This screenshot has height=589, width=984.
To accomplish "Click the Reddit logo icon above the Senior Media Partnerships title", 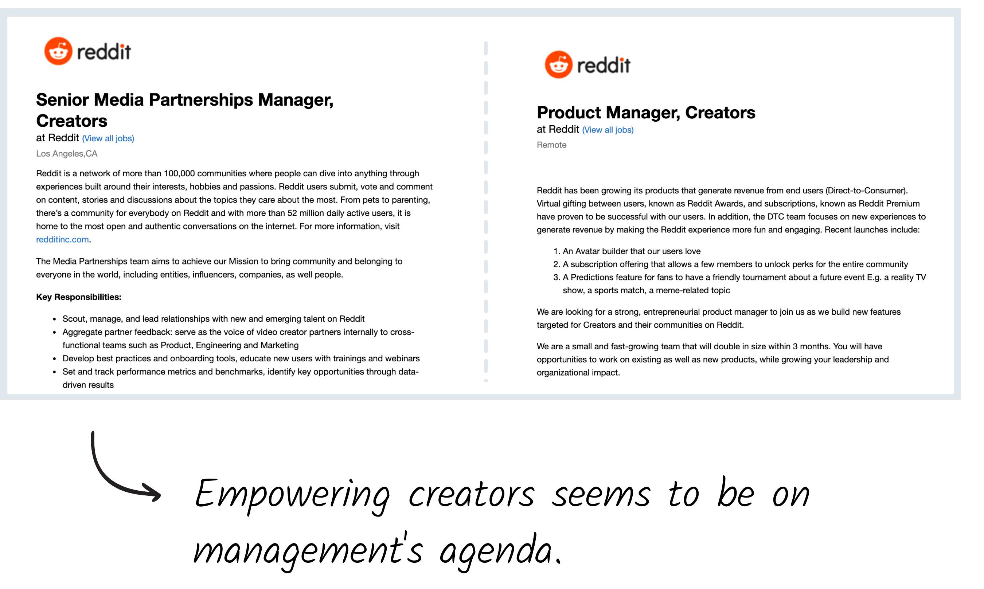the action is click(58, 51).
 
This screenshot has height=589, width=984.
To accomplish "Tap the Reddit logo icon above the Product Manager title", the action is click(559, 65).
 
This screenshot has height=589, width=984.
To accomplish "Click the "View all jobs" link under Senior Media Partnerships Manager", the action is click(108, 138).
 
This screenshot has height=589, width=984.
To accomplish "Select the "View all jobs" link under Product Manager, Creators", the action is click(608, 130).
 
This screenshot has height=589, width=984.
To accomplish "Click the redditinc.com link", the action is click(62, 239).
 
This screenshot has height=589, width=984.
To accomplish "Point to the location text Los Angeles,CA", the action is click(67, 154).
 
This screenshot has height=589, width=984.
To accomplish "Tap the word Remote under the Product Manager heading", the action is click(551, 145).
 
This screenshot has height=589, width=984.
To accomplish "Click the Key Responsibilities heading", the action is click(79, 297).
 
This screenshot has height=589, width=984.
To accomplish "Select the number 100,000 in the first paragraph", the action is click(179, 173).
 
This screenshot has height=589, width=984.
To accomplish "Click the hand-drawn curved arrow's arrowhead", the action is click(153, 493).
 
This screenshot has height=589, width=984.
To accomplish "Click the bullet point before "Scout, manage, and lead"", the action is click(54, 319).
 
